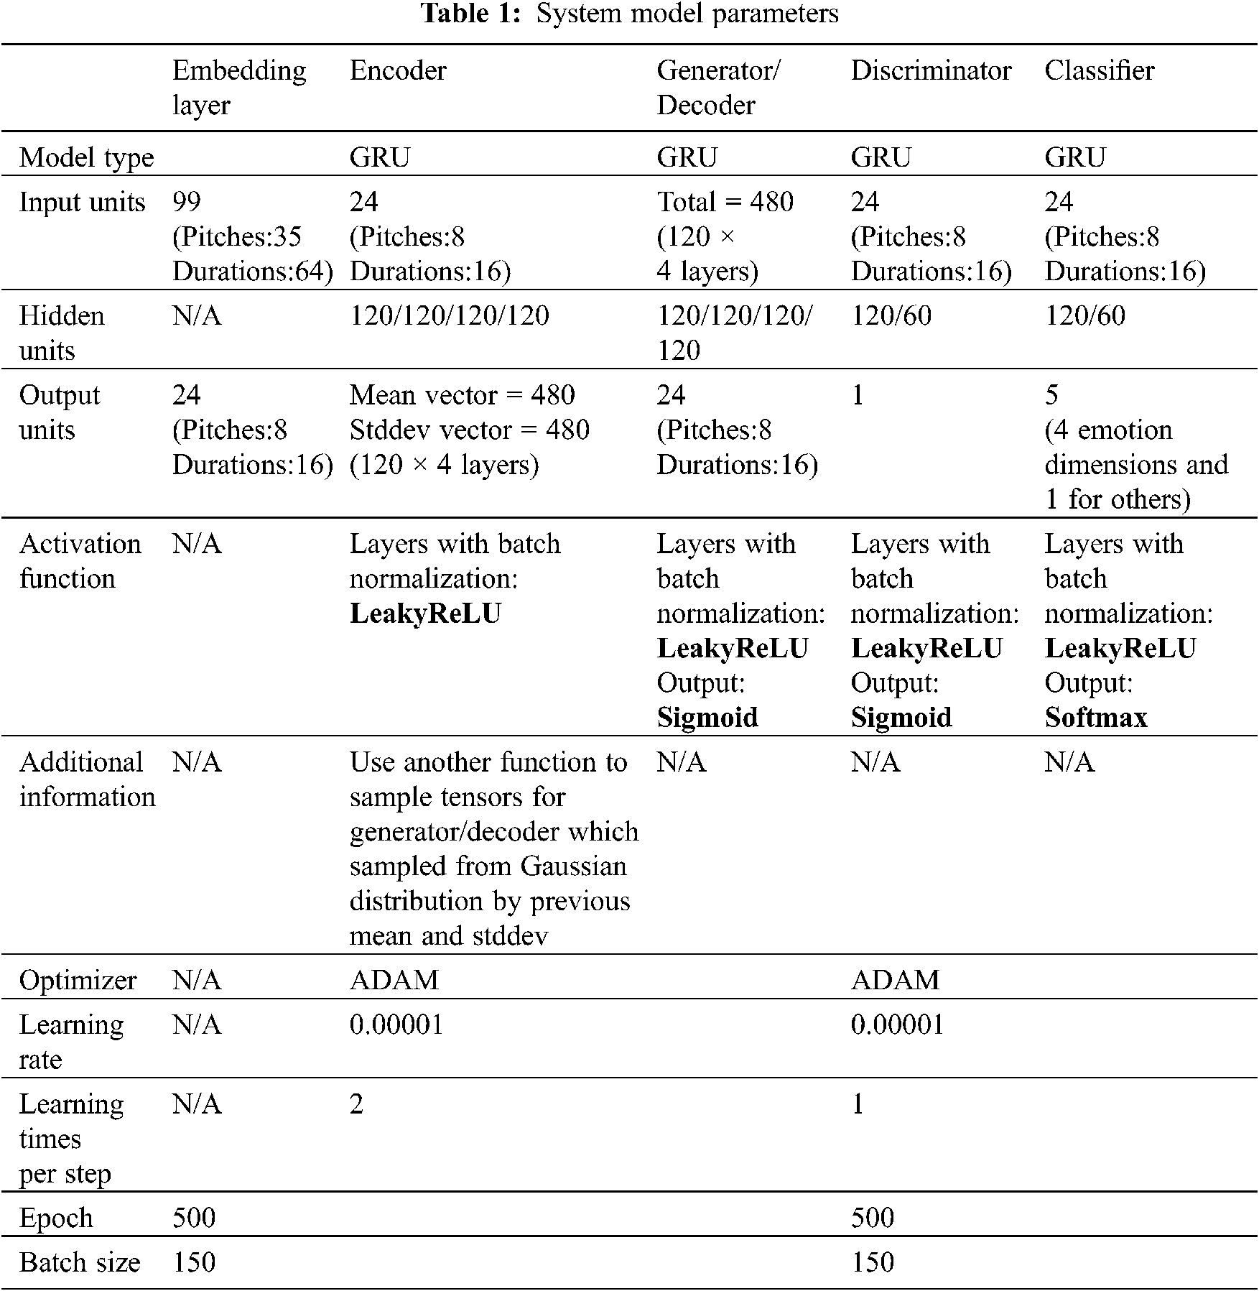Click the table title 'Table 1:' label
tap(470, 14)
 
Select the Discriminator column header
tap(931, 70)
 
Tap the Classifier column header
tap(1099, 70)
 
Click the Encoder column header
tap(398, 70)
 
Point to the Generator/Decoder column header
tap(718, 88)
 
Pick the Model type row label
tap(86, 157)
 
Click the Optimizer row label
tap(78, 980)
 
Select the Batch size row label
tap(80, 1262)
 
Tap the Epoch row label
tap(56, 1218)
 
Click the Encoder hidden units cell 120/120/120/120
tap(449, 315)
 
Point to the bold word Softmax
tap(1096, 717)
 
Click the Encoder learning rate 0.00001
tap(396, 1024)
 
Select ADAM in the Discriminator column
tap(895, 980)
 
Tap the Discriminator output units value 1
tap(858, 395)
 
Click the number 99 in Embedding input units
tap(187, 202)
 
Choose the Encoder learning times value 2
tap(356, 1103)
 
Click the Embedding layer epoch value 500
tap(194, 1218)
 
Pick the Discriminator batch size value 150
tap(872, 1262)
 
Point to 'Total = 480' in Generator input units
tap(725, 202)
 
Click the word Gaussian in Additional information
tap(574, 866)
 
